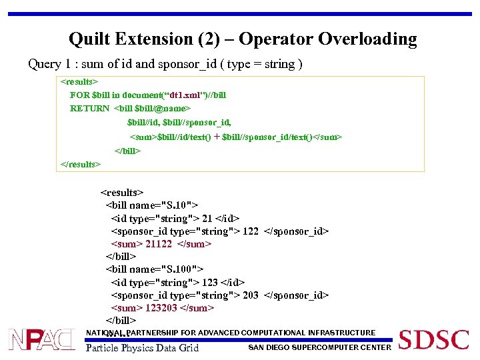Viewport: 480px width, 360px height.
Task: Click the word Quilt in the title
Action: pyautogui.click(x=92, y=39)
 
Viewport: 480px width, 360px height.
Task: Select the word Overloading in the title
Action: pyautogui.click(x=367, y=39)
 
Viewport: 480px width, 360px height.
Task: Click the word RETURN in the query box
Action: pyautogui.click(x=90, y=108)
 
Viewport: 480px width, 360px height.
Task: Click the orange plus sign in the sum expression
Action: pyautogui.click(x=217, y=137)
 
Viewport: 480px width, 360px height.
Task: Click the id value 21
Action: pyautogui.click(x=207, y=219)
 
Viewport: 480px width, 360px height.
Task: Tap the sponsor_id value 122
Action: pyautogui.click(x=251, y=231)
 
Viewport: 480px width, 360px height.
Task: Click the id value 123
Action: pyautogui.click(x=210, y=283)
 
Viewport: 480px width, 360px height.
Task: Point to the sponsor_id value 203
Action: pyautogui.click(x=251, y=295)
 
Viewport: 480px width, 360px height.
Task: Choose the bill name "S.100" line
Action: pyautogui.click(x=154, y=269)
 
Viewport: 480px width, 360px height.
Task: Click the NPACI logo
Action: pyautogui.click(x=42, y=340)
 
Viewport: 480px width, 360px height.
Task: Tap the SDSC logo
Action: pyautogui.click(x=433, y=340)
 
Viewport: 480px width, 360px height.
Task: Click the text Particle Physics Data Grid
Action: pyautogui.click(x=143, y=347)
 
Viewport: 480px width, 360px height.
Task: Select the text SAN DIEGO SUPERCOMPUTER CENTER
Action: pyautogui.click(x=319, y=347)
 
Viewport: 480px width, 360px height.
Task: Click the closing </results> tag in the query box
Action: pyautogui.click(x=80, y=164)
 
